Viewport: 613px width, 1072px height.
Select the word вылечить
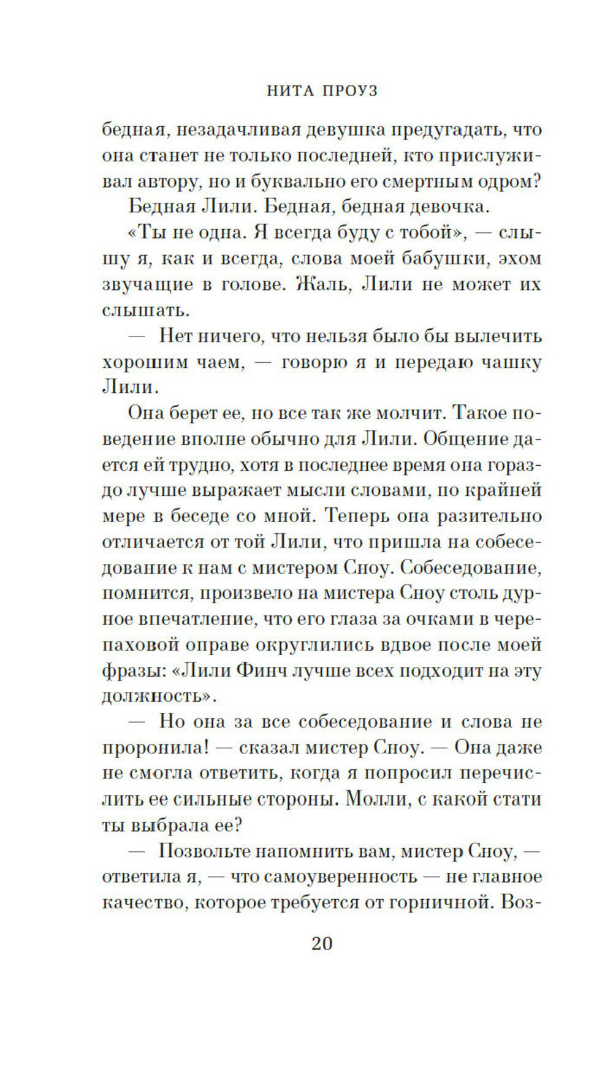(490, 336)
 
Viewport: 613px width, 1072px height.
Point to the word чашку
(511, 362)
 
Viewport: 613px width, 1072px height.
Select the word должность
(156, 697)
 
